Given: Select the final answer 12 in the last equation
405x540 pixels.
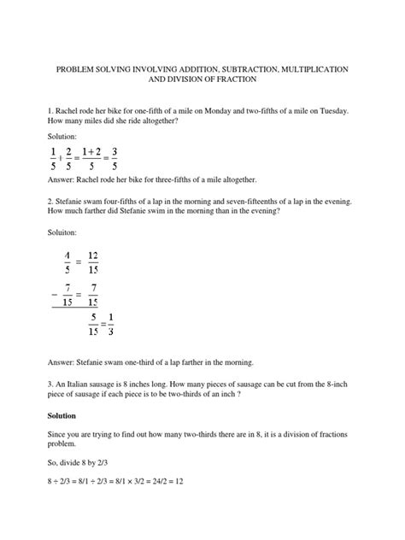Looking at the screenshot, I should click(x=181, y=481).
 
